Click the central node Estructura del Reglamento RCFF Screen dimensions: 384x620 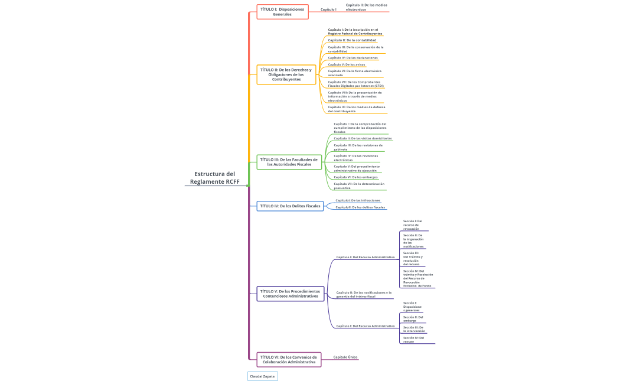click(x=215, y=178)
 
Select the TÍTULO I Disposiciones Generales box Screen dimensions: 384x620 click(x=282, y=12)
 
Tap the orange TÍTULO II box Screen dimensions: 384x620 click(x=286, y=74)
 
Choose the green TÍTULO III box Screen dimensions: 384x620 click(x=289, y=162)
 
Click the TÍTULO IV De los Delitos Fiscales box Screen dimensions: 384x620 click(x=291, y=206)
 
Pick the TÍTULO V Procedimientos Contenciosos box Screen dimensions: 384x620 click(x=290, y=294)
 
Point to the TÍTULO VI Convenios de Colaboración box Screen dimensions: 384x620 click(x=289, y=359)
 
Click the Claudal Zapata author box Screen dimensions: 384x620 click(x=262, y=376)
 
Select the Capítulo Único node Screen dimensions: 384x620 click(x=345, y=357)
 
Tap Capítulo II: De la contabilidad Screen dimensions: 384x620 click(x=352, y=40)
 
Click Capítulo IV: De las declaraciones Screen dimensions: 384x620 click(x=353, y=58)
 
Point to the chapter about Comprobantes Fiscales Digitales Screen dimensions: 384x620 click(x=356, y=84)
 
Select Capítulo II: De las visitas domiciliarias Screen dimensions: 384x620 click(x=363, y=138)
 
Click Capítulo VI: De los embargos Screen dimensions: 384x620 click(x=355, y=177)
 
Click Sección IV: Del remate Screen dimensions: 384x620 click(x=413, y=340)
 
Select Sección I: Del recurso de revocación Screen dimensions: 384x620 click(x=413, y=224)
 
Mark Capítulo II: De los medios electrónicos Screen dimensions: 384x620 click(x=366, y=7)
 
